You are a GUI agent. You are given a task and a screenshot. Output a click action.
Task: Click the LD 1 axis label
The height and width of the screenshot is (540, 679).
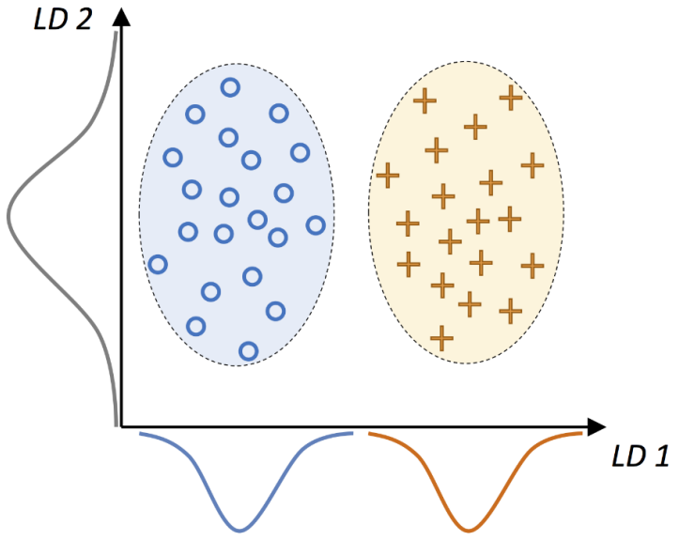point(640,457)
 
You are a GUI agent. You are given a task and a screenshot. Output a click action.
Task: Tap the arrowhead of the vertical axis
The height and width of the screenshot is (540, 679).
point(119,13)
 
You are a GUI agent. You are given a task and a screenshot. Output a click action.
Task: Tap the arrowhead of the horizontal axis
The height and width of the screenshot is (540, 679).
point(596,428)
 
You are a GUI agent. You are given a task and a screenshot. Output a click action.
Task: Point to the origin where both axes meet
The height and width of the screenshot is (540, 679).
point(119,428)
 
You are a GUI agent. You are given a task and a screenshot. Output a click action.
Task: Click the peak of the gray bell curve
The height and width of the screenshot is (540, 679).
point(9,214)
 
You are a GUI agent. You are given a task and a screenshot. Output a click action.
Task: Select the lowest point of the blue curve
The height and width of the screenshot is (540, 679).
point(242,530)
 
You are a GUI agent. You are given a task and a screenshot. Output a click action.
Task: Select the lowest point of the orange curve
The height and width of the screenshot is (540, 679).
point(467,530)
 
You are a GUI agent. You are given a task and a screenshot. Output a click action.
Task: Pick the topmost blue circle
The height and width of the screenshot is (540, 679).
point(230,87)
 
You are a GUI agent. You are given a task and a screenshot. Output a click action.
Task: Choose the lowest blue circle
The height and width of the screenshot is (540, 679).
point(248,350)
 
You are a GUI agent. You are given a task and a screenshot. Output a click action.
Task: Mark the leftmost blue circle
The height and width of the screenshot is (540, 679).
point(157,265)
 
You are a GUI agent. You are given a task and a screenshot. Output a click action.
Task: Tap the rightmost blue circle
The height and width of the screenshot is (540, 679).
point(316,224)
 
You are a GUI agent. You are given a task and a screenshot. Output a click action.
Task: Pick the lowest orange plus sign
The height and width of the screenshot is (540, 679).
point(441,335)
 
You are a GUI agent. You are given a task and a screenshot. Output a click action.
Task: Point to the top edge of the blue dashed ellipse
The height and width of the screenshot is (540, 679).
point(236,64)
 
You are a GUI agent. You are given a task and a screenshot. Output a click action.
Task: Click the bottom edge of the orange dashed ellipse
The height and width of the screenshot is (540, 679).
point(466,363)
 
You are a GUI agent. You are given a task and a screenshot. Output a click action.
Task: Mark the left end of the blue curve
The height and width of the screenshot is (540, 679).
point(140,434)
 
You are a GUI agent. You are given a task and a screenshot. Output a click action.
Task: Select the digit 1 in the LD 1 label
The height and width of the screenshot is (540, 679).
point(661,457)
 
